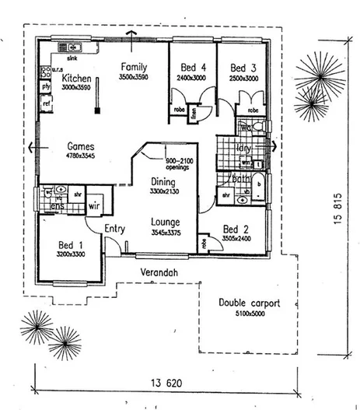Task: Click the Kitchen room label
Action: [77, 79]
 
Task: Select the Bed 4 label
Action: [193, 68]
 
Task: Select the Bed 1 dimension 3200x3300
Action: [70, 254]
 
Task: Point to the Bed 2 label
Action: [236, 229]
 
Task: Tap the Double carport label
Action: [249, 303]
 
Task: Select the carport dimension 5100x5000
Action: [249, 314]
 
